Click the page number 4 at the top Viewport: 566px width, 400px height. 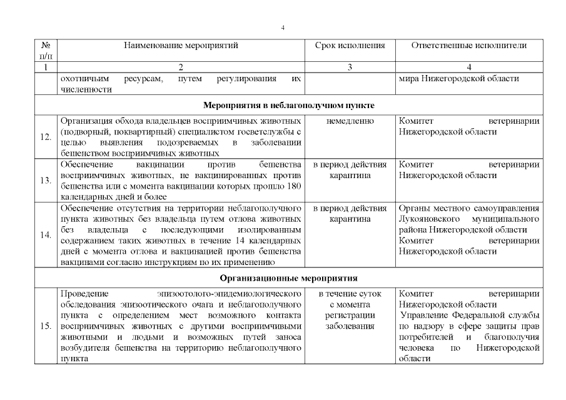coord(283,27)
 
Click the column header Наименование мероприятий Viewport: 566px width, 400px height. coord(181,46)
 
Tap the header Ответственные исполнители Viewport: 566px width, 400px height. coord(469,46)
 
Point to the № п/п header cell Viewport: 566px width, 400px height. coord(46,51)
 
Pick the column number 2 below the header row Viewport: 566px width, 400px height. coord(181,67)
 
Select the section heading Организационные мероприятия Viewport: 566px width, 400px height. coord(288,277)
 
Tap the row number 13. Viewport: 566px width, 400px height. coord(46,181)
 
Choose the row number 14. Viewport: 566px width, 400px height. coord(46,235)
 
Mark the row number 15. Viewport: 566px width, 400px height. coord(46,326)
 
